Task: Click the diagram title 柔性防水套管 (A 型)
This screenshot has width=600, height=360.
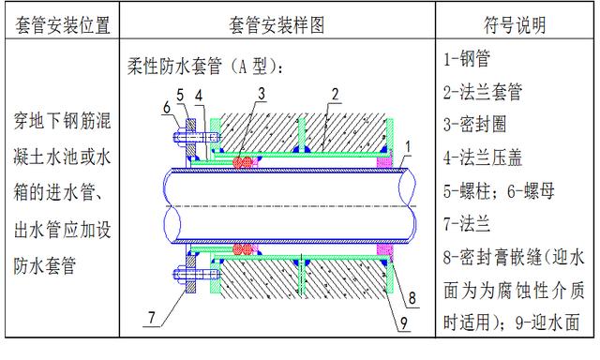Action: point(205,67)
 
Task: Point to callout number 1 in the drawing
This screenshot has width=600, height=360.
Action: point(409,146)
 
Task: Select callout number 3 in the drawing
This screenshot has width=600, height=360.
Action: point(262,92)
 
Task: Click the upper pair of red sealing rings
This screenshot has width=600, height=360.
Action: point(247,160)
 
